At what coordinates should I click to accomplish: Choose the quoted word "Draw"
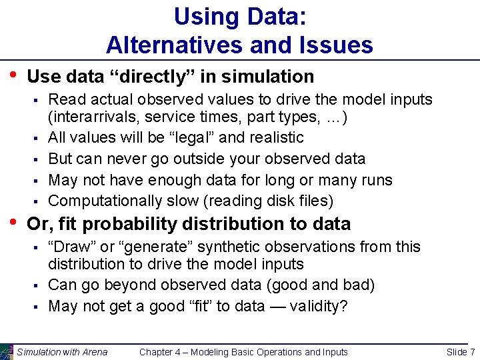pyautogui.click(x=70, y=247)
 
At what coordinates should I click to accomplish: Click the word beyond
pyautogui.click(x=113, y=285)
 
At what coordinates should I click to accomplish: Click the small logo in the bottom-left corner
pyautogui.click(x=6, y=351)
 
